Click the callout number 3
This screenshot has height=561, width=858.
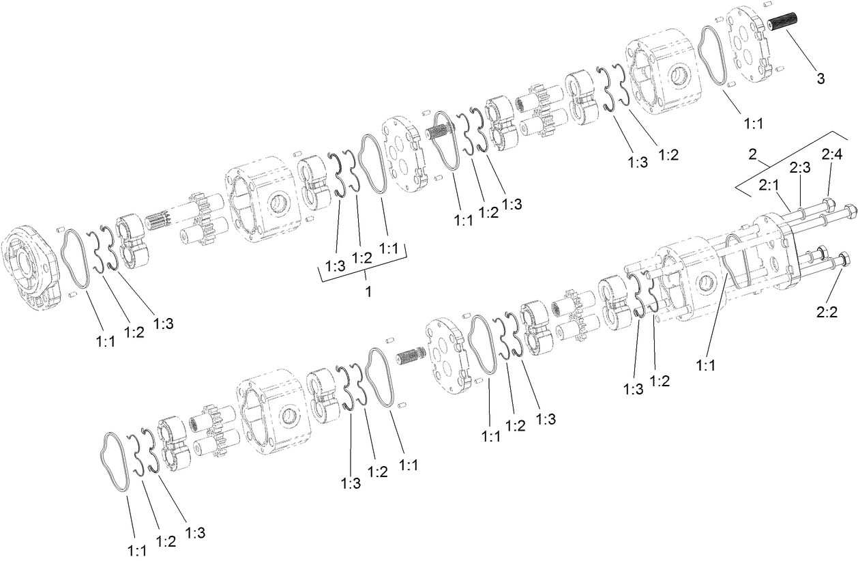point(820,78)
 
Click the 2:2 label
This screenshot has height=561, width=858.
point(827,313)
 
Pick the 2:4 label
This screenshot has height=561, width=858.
point(831,156)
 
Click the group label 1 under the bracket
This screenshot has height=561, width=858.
point(368,292)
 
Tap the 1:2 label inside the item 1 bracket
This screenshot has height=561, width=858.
point(361,257)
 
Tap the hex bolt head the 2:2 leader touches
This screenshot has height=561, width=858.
point(842,259)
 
